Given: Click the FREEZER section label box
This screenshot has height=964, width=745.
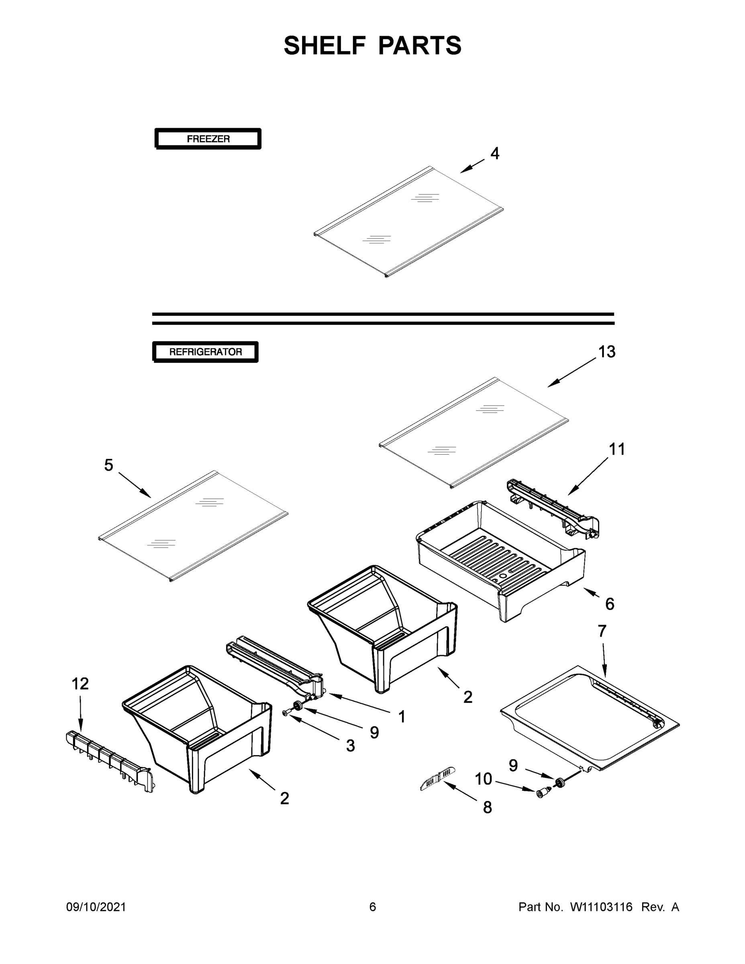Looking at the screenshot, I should coord(208,139).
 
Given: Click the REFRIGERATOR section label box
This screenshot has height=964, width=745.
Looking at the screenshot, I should coord(205,352).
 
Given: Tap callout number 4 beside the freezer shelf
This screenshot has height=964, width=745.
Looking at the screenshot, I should coord(495,153).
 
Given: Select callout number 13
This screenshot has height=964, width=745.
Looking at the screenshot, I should coord(606,352).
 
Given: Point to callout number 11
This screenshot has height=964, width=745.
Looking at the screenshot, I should coord(616,449).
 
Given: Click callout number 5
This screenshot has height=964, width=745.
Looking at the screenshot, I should coord(108,465).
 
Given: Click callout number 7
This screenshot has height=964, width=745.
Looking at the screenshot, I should coord(602,631).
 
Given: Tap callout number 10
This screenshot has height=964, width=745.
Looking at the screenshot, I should coord(483,779).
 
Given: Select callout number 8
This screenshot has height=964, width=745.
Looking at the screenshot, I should coord(487,807).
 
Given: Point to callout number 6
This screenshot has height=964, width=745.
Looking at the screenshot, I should coord(610,604).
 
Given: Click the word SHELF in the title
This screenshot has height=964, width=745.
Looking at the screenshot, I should coord(325,45).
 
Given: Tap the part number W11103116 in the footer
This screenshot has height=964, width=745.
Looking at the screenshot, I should coord(601,907).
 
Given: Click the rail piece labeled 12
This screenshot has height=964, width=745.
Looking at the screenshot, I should coord(108,760).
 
